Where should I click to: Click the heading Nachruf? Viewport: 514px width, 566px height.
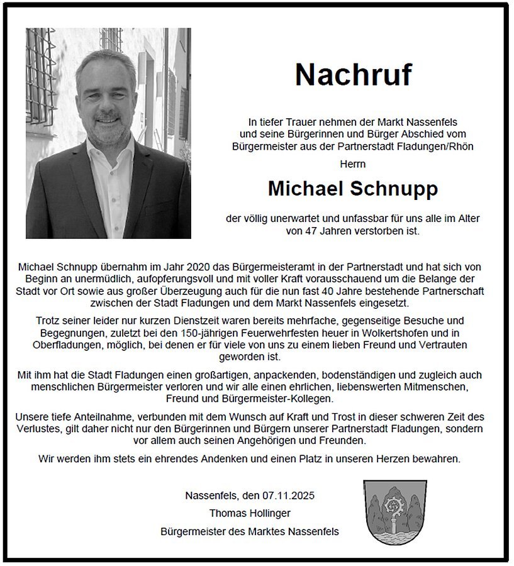point(353,74)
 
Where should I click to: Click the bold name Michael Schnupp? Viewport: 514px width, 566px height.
point(353,188)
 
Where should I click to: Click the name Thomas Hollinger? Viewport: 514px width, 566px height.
point(250,513)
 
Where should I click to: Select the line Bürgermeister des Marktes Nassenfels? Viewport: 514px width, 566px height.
point(250,531)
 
